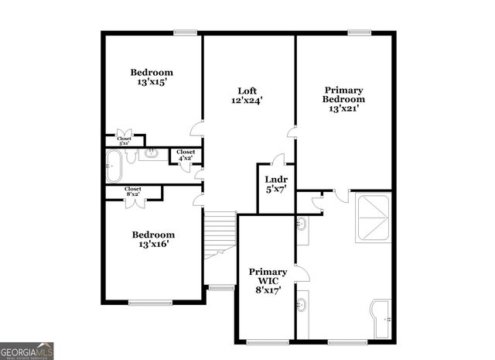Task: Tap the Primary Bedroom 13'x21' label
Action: coord(343,99)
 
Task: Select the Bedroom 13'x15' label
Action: coord(151,77)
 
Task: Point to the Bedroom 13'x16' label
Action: coord(152,239)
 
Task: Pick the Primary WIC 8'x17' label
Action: coord(268,280)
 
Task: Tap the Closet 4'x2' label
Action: coord(186,155)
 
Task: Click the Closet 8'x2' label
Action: coord(133,190)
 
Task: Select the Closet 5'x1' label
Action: coord(125,141)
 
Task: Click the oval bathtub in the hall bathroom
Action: coord(114,165)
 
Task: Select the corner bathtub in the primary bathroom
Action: coord(384,318)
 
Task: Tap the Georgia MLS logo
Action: coord(27,351)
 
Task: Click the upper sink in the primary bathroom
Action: coord(301,225)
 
